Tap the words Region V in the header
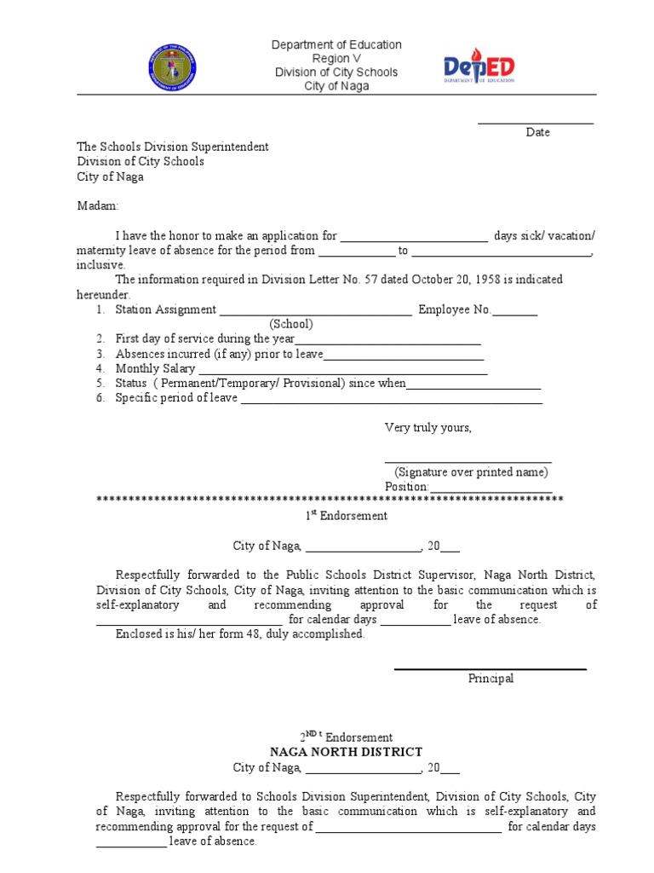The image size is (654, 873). tap(336, 59)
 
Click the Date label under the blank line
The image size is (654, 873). tap(537, 133)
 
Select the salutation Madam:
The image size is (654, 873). tap(99, 206)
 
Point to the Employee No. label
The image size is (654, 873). tap(455, 310)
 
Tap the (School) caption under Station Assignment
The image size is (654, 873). tap(291, 325)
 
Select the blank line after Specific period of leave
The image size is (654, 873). tap(391, 401)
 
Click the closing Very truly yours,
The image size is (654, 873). tap(427, 428)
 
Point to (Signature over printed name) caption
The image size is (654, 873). tap(471, 472)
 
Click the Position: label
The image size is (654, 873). tap(406, 487)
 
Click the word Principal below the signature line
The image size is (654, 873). tap(490, 679)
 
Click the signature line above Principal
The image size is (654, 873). tap(490, 668)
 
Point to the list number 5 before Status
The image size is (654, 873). tap(100, 384)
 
